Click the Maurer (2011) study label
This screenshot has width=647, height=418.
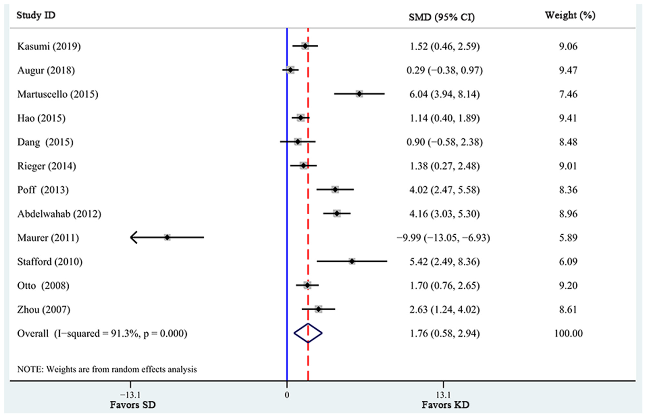click(x=48, y=238)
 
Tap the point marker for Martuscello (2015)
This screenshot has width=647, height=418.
click(x=359, y=94)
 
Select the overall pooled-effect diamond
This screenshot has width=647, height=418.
click(x=308, y=333)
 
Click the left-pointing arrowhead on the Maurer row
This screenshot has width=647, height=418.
click(x=134, y=238)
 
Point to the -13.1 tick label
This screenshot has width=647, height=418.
click(x=130, y=395)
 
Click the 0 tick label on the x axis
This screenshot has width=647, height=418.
click(x=287, y=395)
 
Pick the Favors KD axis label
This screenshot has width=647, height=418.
click(x=445, y=405)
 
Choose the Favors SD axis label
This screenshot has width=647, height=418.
click(x=133, y=405)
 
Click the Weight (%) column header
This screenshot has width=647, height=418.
click(x=570, y=15)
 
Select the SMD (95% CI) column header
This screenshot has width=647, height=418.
click(x=441, y=17)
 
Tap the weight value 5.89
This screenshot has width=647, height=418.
click(x=568, y=238)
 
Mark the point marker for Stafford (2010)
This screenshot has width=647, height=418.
click(x=352, y=261)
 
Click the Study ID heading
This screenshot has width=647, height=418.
click(x=36, y=15)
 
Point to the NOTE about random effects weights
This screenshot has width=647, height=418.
click(x=107, y=369)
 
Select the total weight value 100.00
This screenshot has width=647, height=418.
click(x=568, y=333)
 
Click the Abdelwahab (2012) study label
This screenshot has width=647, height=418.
click(x=59, y=214)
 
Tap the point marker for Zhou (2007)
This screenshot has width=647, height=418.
click(x=318, y=309)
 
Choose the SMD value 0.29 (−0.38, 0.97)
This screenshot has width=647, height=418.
click(x=444, y=70)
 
